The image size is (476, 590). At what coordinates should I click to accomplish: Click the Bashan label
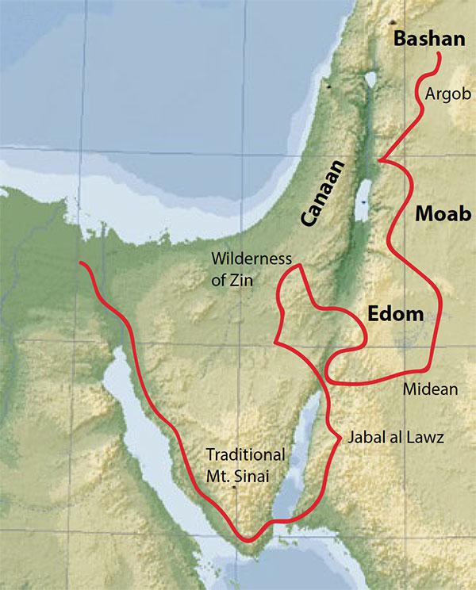428,38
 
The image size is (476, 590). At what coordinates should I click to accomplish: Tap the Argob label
449,94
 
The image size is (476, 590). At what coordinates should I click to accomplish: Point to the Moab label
436,216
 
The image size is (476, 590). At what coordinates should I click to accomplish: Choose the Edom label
396,314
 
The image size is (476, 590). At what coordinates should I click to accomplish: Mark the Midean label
430,389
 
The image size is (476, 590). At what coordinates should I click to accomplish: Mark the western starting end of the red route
80,263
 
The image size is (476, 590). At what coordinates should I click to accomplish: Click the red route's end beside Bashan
441,53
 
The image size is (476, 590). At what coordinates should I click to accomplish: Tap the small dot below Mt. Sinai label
236,487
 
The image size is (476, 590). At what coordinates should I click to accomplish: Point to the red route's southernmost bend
249,542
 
